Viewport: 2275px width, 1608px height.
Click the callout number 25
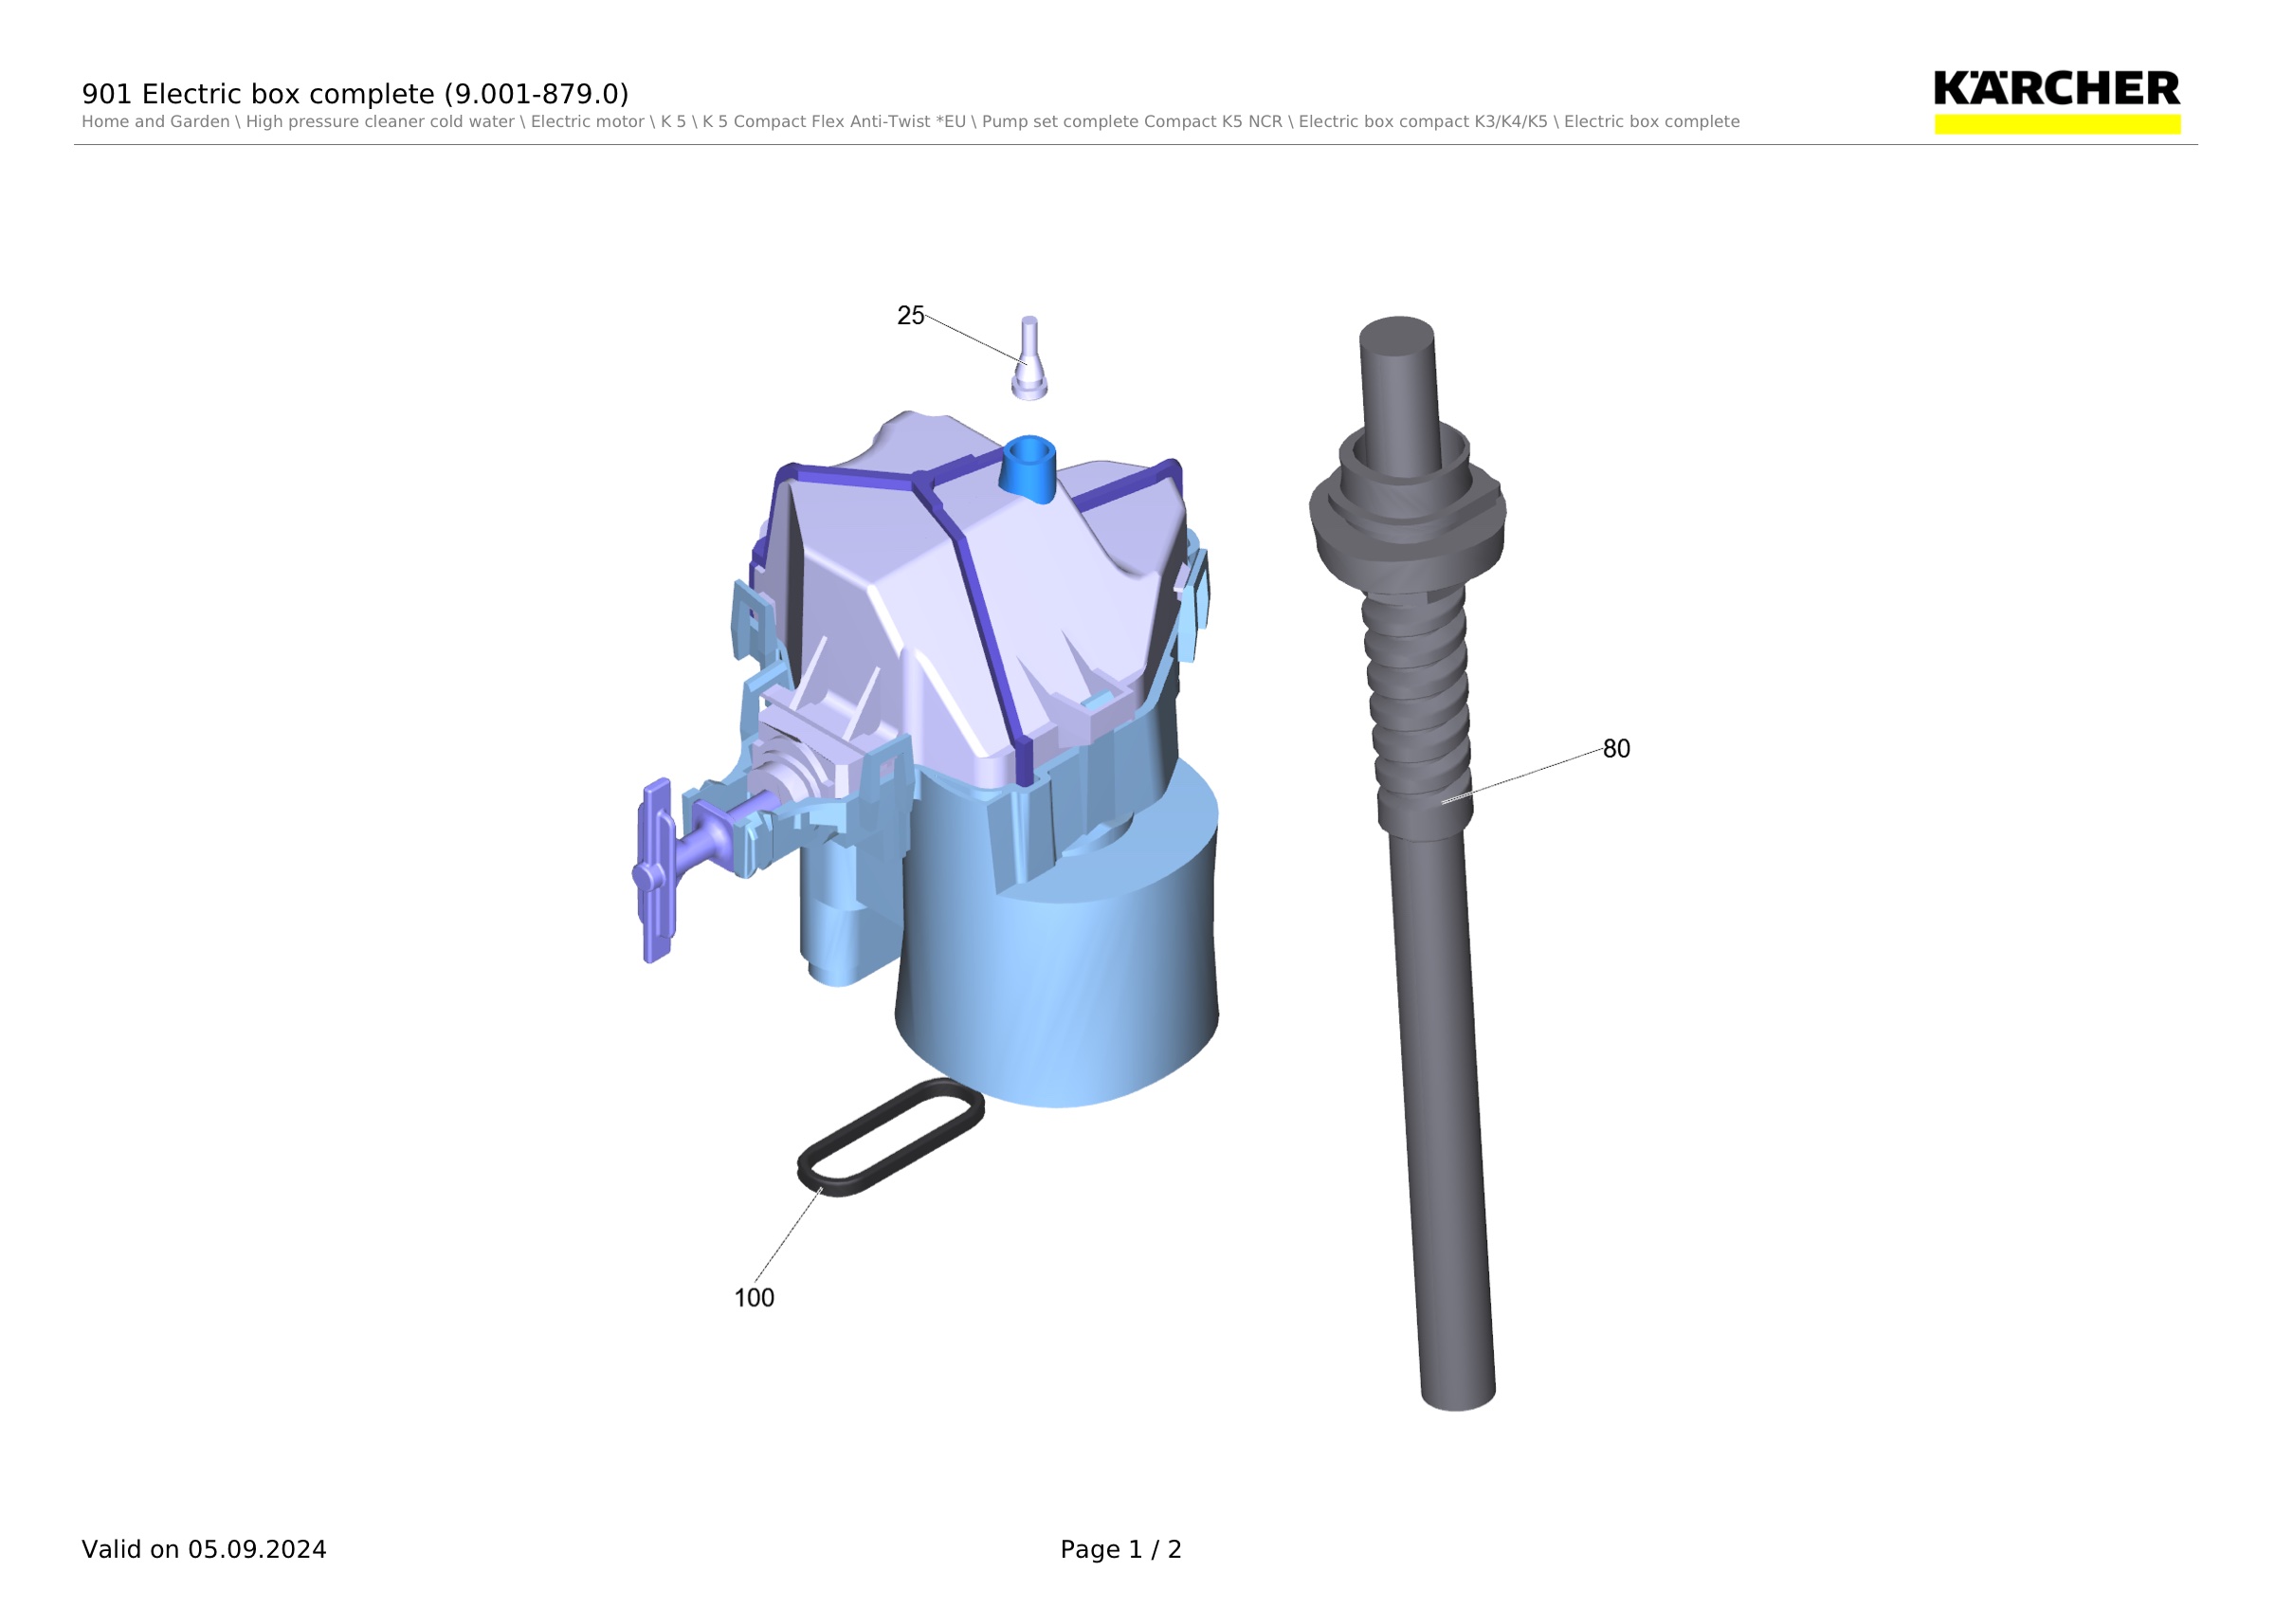[x=910, y=315]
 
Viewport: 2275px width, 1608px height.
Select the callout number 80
[x=1616, y=749]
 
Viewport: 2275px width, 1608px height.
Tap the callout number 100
[x=754, y=1298]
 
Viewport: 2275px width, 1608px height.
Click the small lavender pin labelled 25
[x=1029, y=358]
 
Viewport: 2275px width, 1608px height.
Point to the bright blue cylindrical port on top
[x=1028, y=467]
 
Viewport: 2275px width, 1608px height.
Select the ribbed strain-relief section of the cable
[x=1419, y=708]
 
